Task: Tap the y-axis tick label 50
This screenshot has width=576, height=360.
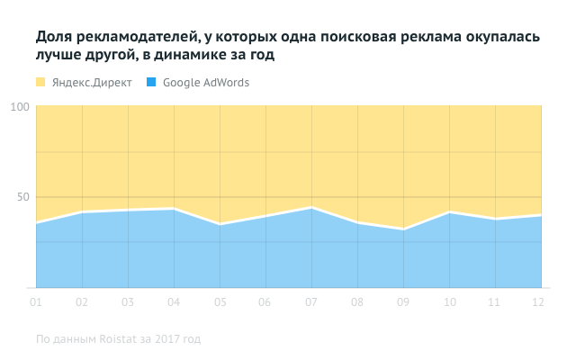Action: [x=25, y=197]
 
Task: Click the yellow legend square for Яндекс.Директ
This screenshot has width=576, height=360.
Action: [x=40, y=83]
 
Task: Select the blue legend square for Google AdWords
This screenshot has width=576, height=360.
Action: [x=151, y=83]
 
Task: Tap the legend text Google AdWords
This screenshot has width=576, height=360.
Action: [x=206, y=83]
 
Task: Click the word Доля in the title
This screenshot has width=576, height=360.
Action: [x=53, y=38]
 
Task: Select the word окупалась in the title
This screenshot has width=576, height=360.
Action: [x=499, y=38]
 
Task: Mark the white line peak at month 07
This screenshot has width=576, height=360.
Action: [x=311, y=208]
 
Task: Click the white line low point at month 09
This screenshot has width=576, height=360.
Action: [x=403, y=229]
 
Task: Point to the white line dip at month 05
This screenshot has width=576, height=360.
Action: [x=220, y=224]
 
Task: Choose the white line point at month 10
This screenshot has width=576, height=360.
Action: [x=449, y=212]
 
